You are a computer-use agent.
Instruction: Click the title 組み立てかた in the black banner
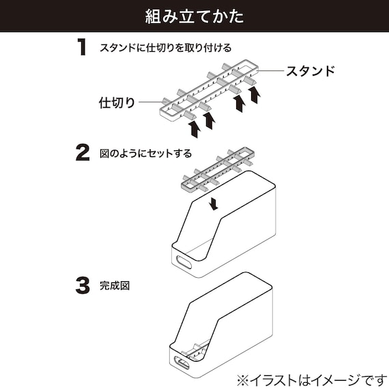click(194, 16)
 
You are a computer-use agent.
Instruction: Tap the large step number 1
click(82, 48)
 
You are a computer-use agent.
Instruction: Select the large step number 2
click(82, 152)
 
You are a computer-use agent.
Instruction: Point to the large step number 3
click(82, 285)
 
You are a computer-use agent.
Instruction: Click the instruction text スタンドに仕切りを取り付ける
click(166, 48)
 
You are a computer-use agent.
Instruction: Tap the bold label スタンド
click(310, 71)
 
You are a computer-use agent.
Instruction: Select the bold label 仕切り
click(117, 102)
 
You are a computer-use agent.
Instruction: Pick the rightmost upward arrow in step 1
click(255, 93)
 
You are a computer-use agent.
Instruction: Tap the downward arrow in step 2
click(215, 203)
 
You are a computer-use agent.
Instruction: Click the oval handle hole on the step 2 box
click(184, 261)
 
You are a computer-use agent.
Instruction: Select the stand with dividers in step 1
click(208, 92)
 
